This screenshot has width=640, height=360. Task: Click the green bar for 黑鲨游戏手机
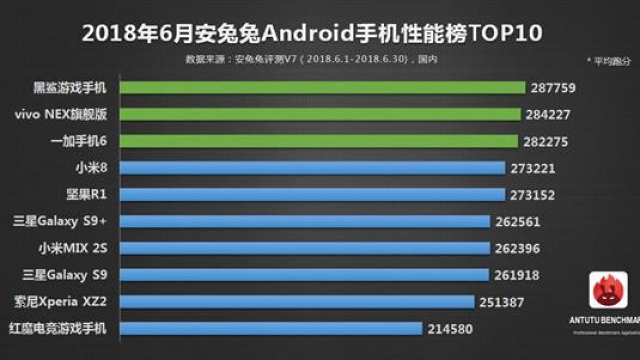(322, 88)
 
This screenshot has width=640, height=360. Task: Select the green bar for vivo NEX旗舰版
(320, 114)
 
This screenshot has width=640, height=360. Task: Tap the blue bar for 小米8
(312, 168)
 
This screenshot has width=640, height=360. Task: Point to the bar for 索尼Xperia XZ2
(297, 302)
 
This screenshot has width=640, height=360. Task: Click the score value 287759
(553, 88)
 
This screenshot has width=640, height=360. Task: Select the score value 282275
(545, 142)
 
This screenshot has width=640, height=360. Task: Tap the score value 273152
(532, 195)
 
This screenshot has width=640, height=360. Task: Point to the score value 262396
(517, 248)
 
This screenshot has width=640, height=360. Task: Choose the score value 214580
(450, 329)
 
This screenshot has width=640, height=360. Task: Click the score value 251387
(502, 302)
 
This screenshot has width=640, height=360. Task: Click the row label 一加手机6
(79, 142)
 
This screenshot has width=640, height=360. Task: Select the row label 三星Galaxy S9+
(60, 221)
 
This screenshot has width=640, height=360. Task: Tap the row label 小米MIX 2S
(73, 248)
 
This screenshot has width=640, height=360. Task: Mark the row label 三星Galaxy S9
(64, 275)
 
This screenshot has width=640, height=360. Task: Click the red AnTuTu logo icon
(608, 290)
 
